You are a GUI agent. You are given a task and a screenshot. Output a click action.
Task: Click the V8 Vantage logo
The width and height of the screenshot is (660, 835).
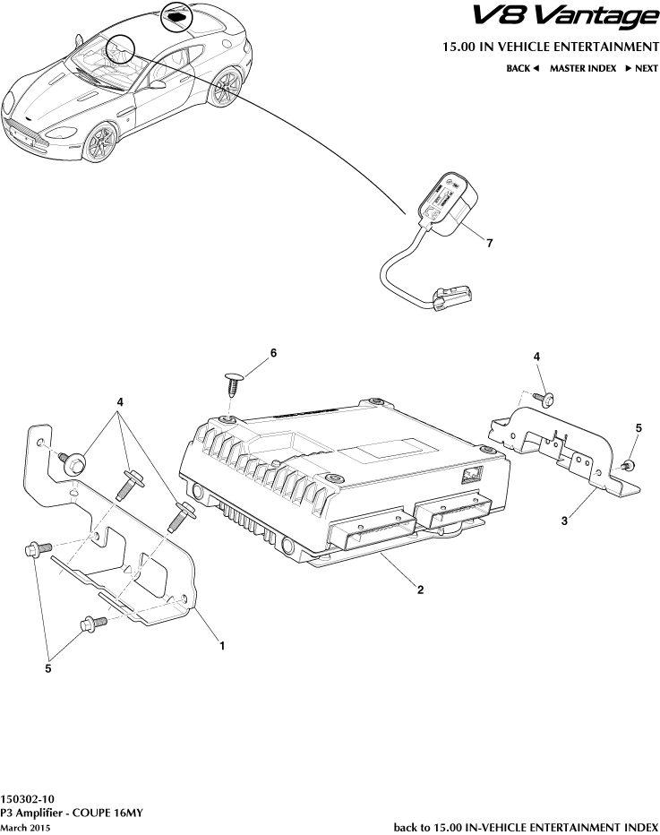tap(564, 16)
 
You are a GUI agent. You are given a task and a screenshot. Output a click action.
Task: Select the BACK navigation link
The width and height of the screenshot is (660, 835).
tap(521, 68)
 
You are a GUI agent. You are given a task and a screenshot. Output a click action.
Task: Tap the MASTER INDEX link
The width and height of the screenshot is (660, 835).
tap(582, 68)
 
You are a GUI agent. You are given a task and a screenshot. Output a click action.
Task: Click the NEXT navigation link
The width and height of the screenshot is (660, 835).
tap(641, 68)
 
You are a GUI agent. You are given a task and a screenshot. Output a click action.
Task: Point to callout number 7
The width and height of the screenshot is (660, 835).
tap(489, 243)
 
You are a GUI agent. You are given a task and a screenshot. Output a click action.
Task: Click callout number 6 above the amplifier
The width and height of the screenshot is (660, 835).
tap(273, 353)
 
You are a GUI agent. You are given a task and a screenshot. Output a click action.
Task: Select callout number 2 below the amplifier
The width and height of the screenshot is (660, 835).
tap(420, 590)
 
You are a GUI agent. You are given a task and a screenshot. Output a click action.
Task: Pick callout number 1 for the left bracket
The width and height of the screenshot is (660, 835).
tap(222, 643)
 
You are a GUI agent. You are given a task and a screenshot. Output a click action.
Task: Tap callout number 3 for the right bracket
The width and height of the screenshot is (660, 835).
tap(565, 520)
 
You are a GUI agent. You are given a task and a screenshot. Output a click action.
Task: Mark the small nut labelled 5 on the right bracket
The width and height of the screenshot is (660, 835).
tap(629, 464)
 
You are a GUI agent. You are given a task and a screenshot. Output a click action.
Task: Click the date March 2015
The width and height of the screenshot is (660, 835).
tap(25, 828)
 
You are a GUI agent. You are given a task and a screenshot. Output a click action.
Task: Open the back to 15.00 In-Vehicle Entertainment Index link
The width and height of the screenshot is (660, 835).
tap(526, 827)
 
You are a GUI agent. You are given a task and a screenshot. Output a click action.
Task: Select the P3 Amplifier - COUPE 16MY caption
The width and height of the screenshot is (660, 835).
tap(72, 813)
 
